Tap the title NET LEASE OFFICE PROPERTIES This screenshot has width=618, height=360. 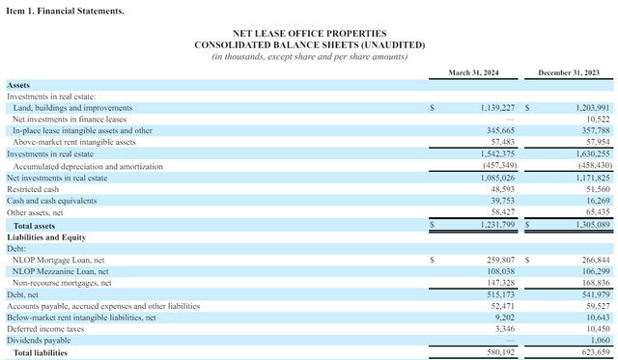tap(309, 34)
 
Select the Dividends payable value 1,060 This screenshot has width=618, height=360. tap(600, 340)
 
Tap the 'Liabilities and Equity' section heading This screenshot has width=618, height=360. tap(46, 237)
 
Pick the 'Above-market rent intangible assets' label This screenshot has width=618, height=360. tap(74, 142)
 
